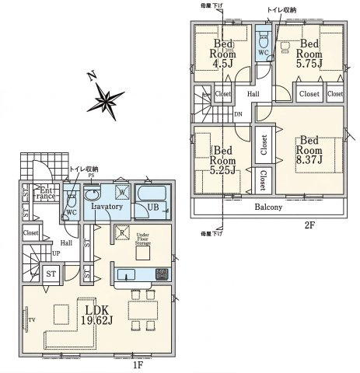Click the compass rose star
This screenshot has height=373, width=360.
105,99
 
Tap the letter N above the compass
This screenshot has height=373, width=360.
91,76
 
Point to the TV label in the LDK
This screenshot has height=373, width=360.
32,319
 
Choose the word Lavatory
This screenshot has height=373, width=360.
107,207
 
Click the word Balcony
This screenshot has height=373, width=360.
267,207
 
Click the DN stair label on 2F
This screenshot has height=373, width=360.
237,113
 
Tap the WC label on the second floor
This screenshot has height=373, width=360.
264,54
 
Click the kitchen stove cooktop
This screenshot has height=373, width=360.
160,274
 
